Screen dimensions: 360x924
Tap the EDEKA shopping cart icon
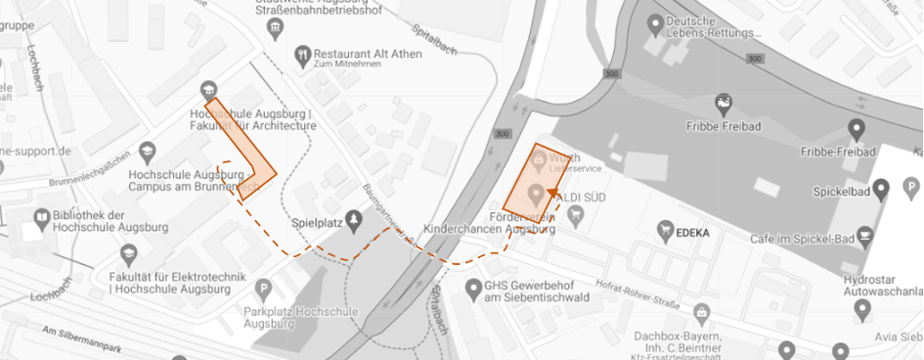[667, 233]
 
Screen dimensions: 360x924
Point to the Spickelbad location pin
[881, 187]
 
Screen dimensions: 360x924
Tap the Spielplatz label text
[316, 222]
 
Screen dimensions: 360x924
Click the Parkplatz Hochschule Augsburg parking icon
[262, 289]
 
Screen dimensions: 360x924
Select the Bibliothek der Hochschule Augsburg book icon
[42, 216]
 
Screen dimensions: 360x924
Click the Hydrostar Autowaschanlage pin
[862, 310]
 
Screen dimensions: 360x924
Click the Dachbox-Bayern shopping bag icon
[700, 313]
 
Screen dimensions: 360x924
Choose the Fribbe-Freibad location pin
[856, 128]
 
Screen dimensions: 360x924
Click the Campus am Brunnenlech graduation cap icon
[147, 151]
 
